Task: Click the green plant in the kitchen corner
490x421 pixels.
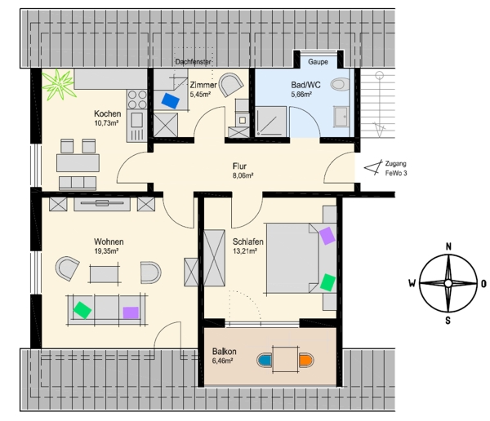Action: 59,85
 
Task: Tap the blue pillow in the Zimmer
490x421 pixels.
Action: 171,100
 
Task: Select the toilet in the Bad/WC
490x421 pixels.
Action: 341,84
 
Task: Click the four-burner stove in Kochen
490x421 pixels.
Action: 137,99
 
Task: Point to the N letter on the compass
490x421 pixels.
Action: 448,246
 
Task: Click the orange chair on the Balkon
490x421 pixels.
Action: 305,360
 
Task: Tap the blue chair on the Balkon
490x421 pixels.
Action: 265,360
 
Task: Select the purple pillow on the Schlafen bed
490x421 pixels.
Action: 327,236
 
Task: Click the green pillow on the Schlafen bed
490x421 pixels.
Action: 327,282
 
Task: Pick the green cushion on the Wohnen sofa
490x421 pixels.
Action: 82,310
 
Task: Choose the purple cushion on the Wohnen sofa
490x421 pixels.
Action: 131,312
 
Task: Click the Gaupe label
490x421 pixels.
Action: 318,62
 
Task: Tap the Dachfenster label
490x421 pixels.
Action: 193,62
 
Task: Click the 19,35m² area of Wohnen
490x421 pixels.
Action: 106,251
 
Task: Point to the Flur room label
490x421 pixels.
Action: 239,166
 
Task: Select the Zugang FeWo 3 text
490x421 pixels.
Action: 396,168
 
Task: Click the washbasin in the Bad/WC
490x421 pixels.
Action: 341,117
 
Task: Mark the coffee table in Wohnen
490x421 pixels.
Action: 105,274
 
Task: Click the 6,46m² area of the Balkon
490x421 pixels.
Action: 222,361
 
